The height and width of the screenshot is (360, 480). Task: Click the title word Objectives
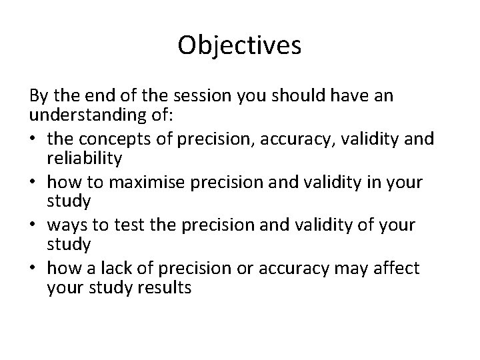point(240,45)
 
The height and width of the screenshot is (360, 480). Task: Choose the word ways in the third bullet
point(68,225)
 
